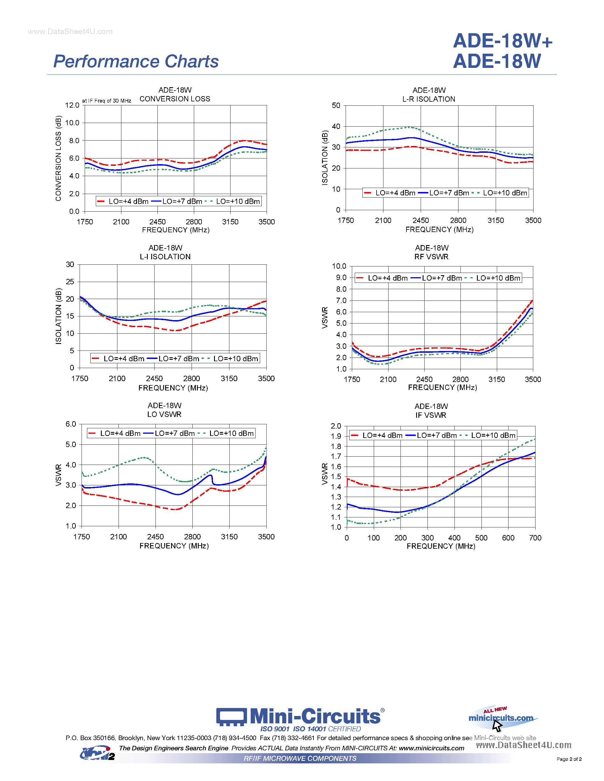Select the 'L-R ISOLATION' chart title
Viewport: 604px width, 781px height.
(x=429, y=99)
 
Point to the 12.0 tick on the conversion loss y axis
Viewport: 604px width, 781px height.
(x=72, y=105)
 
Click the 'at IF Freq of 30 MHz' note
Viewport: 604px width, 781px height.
(x=107, y=101)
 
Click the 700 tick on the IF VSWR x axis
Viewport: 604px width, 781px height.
(x=535, y=538)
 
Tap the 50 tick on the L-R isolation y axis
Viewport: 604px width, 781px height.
(x=336, y=105)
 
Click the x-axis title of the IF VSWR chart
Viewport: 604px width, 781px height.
(x=441, y=546)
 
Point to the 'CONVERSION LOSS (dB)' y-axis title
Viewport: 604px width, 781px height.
(x=58, y=158)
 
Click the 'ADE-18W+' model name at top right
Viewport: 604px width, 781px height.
(x=503, y=41)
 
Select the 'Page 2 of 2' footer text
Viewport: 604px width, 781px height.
(x=569, y=759)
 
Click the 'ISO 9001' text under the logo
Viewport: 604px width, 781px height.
(x=275, y=729)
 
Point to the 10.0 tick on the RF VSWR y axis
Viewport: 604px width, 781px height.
(x=339, y=266)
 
